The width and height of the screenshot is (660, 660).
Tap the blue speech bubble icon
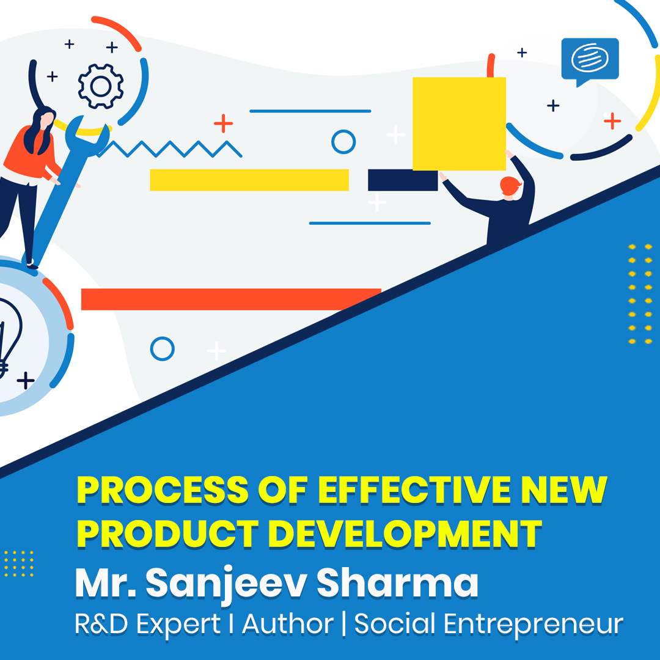pos(589,59)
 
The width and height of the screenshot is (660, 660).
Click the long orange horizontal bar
pos(231,299)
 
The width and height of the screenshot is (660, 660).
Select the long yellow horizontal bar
pos(249,180)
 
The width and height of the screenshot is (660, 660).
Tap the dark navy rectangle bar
pos(402,180)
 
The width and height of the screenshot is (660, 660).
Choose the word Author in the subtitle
pos(288,625)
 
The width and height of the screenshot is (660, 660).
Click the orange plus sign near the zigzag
pos(224,123)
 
